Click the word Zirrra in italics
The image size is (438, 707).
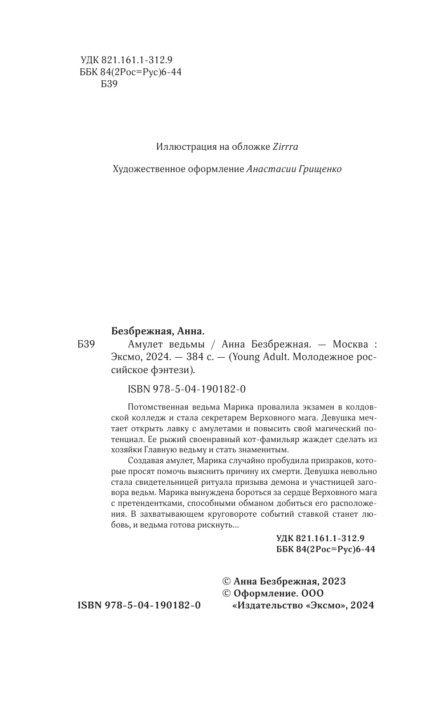(x=286, y=146)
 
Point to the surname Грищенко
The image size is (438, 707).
(x=319, y=169)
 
